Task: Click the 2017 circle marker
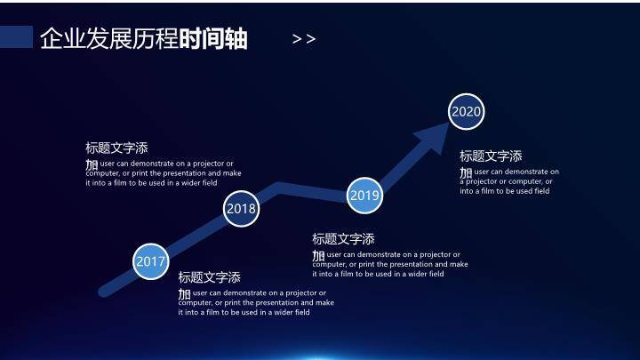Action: (x=151, y=261)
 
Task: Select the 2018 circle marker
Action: (x=241, y=209)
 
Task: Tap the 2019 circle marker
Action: (x=364, y=196)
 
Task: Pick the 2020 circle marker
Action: (x=467, y=111)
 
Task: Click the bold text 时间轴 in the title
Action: (x=213, y=39)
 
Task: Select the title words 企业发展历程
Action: (x=109, y=39)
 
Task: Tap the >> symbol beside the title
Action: (x=304, y=39)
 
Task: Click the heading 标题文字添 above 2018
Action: (x=116, y=148)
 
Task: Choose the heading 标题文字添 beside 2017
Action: (x=209, y=277)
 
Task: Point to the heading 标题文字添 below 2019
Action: (x=343, y=239)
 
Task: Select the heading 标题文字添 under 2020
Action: (x=491, y=156)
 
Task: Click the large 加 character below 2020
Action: (x=466, y=172)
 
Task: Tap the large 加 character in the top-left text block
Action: (x=92, y=164)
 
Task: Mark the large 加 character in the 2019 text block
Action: (x=318, y=255)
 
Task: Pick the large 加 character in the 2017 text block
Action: (x=184, y=293)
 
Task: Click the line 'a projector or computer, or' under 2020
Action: (x=506, y=181)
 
